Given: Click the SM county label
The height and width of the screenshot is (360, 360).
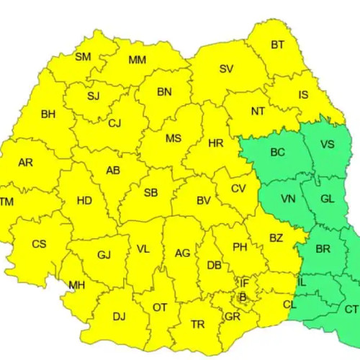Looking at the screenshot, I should coord(83,57).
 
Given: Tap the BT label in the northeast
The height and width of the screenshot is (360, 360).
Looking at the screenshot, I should coord(277,45).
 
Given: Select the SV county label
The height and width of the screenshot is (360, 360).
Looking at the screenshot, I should coord(226,69).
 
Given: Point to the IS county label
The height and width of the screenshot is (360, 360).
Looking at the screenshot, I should coord(303,94).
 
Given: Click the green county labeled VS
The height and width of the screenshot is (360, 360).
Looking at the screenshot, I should coord(327,145).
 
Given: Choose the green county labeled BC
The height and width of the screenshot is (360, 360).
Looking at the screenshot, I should coord(277,153).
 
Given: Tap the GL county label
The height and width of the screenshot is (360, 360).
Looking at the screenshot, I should coord(327,199).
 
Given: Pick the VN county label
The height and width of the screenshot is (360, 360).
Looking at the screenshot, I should coord(288,199).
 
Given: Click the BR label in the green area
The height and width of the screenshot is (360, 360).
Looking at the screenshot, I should coord(323,249).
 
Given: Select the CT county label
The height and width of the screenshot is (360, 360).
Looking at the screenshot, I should coord(351,309).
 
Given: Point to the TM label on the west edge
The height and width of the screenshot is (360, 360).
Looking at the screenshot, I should coord(6,202).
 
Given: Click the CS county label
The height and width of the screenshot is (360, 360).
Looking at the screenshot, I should coord(39,244).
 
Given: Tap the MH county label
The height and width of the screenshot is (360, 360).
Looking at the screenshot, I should coord(76,285).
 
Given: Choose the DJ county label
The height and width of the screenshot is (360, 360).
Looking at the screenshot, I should coord(119,315).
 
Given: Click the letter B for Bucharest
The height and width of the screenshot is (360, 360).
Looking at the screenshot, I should coord(243,296).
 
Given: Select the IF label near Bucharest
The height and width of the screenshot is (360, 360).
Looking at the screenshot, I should coord(244,283).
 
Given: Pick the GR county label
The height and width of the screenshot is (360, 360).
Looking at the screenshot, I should coord(232,316).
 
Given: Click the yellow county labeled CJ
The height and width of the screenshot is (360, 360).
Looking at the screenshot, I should coord(114,123).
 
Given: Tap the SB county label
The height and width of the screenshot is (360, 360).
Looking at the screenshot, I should coord(150,193).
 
